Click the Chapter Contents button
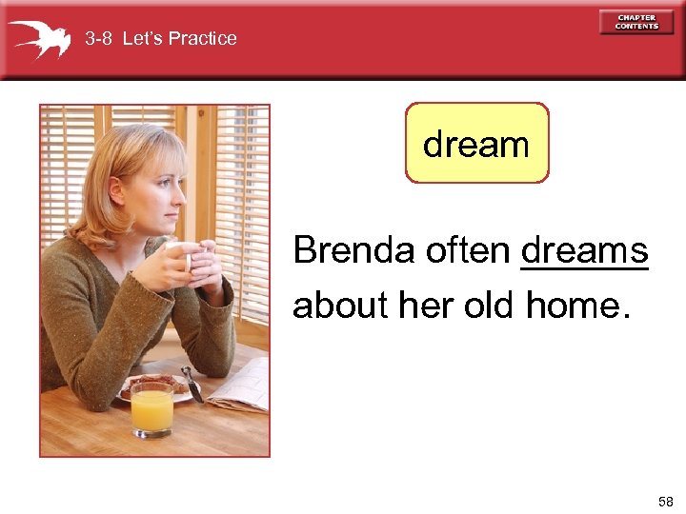[x=636, y=22]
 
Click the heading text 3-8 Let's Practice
[x=160, y=39]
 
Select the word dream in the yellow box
[x=476, y=145]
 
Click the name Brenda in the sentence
[x=354, y=250]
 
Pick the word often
[x=468, y=250]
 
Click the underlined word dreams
[x=584, y=250]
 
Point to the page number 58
[x=664, y=501]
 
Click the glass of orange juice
[x=151, y=408]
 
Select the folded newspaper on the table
[x=238, y=385]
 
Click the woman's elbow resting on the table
[x=86, y=390]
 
